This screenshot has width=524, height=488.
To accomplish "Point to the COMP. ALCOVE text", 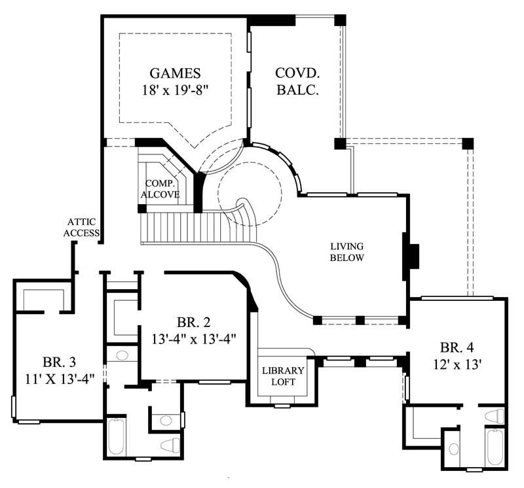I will coord(163,188).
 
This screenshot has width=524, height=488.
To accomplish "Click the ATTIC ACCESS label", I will coord(81,227).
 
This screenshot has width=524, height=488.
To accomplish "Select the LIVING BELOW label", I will coord(346,252).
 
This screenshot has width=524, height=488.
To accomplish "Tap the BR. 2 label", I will coord(193,322).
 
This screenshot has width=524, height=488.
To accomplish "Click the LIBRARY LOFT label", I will coord(283,376).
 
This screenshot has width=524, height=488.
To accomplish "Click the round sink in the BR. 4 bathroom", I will coord(453,449).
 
